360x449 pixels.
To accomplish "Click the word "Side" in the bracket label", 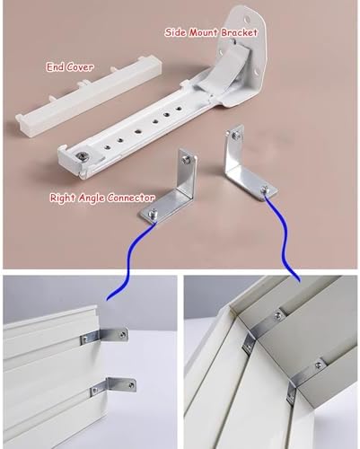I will pyautogui.click(x=175, y=31).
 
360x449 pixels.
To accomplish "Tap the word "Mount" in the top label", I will pyautogui.click(x=206, y=31).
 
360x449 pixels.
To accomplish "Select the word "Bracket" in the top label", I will pyautogui.click(x=240, y=31).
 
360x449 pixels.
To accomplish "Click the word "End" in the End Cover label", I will pyautogui.click(x=56, y=66).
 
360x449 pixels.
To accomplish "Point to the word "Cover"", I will pyautogui.click(x=80, y=66).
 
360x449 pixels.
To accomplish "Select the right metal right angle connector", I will pyautogui.click(x=240, y=166).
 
